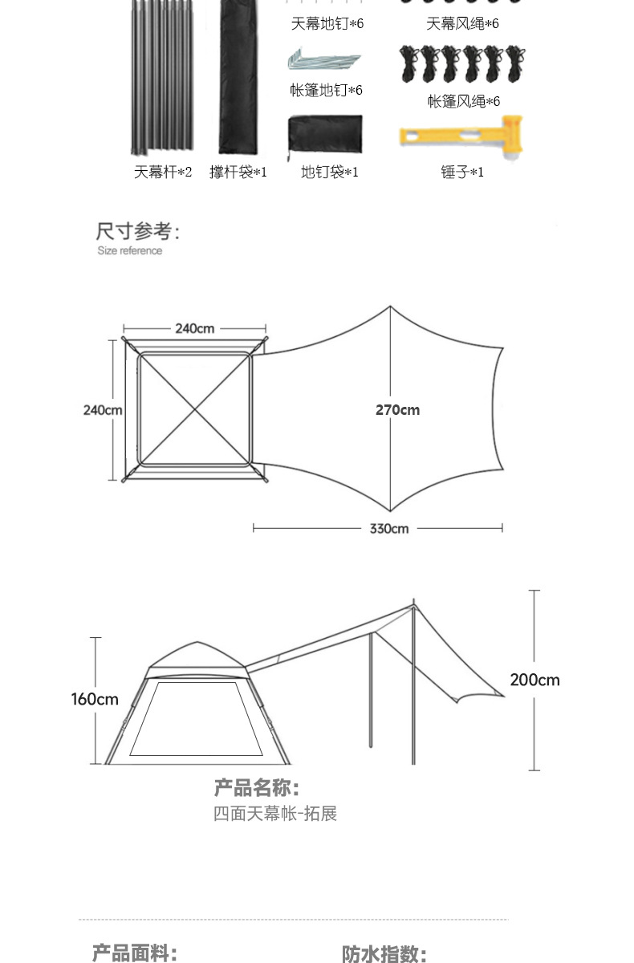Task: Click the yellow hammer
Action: (x=461, y=137)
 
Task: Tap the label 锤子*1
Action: (x=462, y=173)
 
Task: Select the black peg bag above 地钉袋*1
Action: (x=325, y=135)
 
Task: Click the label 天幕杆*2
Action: (x=162, y=173)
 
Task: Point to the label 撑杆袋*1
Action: (x=238, y=173)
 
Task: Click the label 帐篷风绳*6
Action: (x=464, y=101)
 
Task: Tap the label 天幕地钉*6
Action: (x=327, y=23)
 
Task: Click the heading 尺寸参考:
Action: (x=137, y=231)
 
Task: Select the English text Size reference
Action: (x=130, y=250)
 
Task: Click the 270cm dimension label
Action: (x=397, y=410)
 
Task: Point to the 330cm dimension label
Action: (x=389, y=529)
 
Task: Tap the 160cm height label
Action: (x=95, y=700)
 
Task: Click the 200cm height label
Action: (x=534, y=681)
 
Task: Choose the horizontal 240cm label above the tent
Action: (x=195, y=329)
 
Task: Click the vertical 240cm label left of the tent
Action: (x=103, y=410)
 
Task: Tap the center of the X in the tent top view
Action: (x=195, y=409)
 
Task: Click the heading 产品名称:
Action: (x=257, y=787)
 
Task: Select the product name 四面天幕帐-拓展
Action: (x=275, y=814)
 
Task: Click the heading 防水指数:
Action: (x=384, y=953)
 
